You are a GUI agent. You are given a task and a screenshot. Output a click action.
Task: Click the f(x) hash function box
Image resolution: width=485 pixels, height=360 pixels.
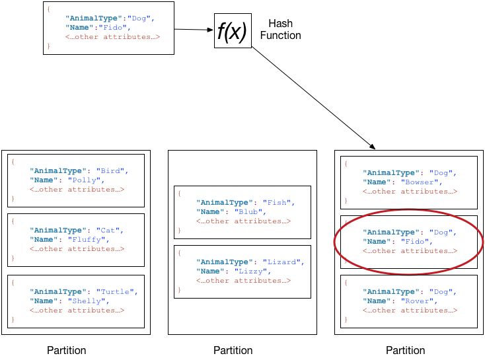(232, 32)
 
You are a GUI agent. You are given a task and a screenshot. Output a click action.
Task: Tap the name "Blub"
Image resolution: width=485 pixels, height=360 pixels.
(254, 212)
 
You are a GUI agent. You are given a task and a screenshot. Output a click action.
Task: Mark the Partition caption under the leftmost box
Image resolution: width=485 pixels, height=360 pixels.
(67, 350)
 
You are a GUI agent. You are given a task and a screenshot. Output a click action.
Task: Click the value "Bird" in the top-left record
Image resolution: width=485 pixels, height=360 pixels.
(109, 170)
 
